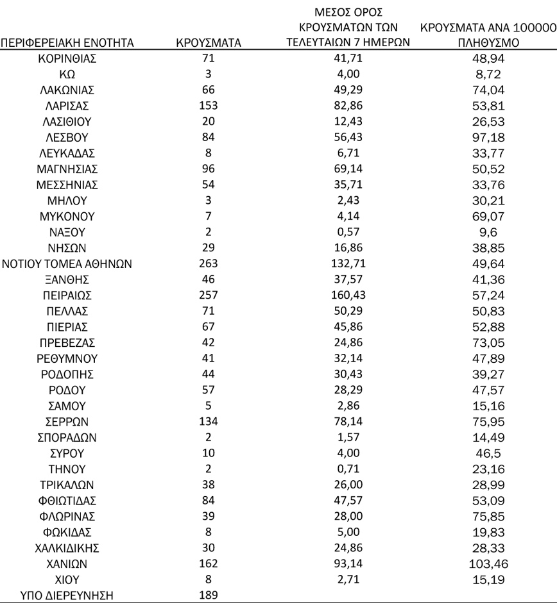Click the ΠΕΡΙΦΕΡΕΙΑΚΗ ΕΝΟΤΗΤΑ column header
point(67,44)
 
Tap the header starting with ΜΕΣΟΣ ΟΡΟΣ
point(350,28)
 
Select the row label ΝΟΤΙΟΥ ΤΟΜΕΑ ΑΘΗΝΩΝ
point(67,263)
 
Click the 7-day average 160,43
point(350,295)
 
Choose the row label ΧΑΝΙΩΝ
point(67,564)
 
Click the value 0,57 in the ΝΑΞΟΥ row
point(350,232)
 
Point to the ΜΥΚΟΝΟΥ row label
point(67,216)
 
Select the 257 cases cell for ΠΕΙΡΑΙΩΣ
point(209,295)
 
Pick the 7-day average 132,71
point(350,263)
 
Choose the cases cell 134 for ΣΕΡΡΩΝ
point(209,422)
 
